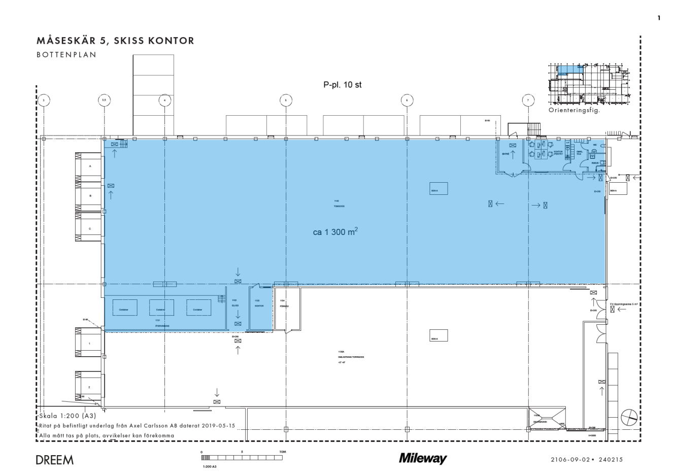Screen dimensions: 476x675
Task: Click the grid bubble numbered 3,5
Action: pos(104,100)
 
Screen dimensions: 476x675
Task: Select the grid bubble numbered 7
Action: pos(528,100)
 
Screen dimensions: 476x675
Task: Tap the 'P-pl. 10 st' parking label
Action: pos(342,85)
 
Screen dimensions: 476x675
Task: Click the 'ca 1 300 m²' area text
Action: pos(335,232)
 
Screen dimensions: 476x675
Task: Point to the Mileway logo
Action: pos(423,459)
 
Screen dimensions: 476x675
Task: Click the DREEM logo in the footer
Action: pos(55,460)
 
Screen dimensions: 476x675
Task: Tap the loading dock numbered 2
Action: pos(89,387)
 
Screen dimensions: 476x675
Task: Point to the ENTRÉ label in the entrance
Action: pos(505,153)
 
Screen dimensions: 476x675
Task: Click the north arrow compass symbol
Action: pos(629,417)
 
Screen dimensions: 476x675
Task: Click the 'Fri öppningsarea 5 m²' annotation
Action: pos(624,304)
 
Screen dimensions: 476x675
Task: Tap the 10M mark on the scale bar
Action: pos(283,451)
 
